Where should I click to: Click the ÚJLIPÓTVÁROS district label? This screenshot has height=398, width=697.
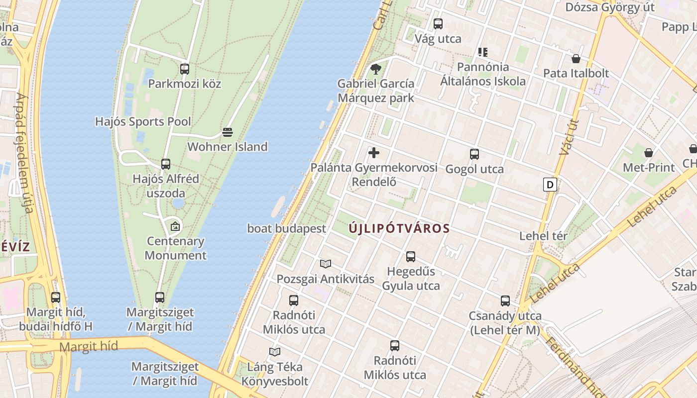coord(399,228)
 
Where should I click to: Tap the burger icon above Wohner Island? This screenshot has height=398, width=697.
coord(228,132)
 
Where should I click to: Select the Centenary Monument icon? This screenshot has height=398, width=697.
coord(175,226)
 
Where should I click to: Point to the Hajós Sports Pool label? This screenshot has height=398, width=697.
coord(143,121)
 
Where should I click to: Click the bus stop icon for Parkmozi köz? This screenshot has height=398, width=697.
coord(185,69)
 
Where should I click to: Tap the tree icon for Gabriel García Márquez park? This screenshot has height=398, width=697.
coord(375,69)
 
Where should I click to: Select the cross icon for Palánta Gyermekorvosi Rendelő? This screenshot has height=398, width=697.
coord(374,153)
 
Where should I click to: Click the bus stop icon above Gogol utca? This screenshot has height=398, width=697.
coord(474,154)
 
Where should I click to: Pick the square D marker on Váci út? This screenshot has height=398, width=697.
coord(550,185)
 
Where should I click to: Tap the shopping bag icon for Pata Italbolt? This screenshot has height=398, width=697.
coord(576,59)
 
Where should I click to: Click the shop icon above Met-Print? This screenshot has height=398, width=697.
coord(649,152)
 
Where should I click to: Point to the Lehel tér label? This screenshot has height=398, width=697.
coord(543,236)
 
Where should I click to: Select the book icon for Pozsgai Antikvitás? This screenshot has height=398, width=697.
coord(326,264)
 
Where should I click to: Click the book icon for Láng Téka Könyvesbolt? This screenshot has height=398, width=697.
coord(274,352)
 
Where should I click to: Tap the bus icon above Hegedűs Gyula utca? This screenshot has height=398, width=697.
coord(411,256)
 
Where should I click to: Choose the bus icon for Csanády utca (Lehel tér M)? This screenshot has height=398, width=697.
coord(505,300)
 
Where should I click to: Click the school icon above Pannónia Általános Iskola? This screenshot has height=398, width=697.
coord(482,52)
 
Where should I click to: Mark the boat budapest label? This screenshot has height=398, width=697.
coord(287,228)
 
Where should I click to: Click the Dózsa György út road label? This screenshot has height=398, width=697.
coord(610,7)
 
